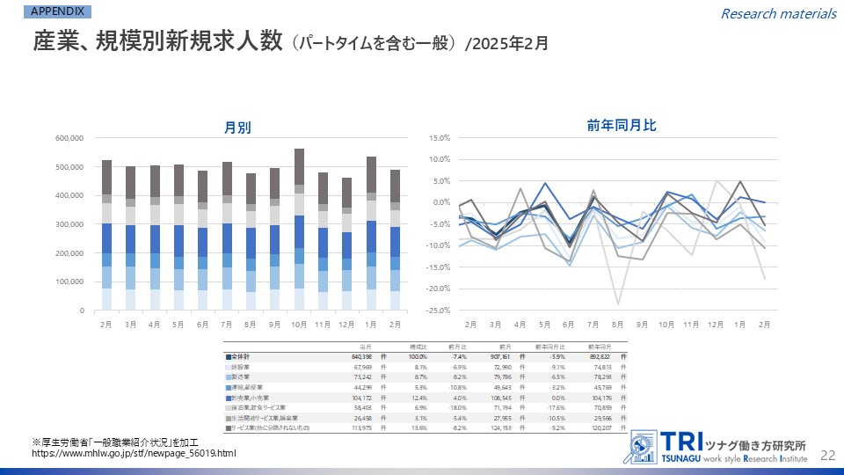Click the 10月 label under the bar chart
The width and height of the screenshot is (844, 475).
(300, 324)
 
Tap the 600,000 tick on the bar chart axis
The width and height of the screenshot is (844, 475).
(69, 138)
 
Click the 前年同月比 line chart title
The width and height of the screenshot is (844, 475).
(622, 126)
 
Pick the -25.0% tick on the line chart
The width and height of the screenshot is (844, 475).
(439, 310)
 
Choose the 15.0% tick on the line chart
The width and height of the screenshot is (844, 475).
(440, 138)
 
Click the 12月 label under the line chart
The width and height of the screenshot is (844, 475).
(716, 324)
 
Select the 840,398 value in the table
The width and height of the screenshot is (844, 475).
(362, 356)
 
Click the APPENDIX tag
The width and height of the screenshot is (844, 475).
(59, 11)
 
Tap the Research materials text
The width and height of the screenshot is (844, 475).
(778, 13)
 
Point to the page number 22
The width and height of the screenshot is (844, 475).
(826, 454)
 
